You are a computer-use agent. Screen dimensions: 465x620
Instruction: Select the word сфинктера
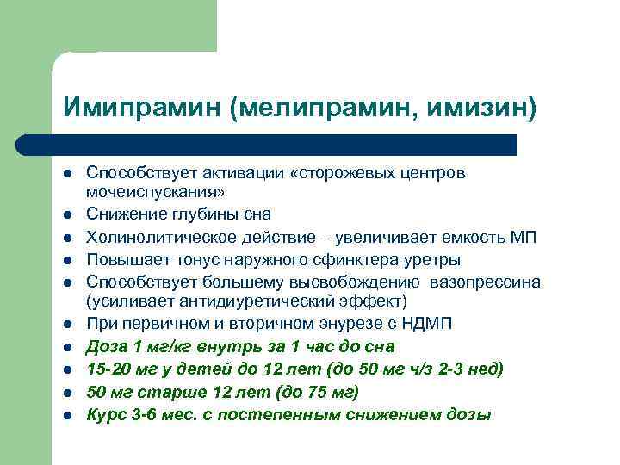pyautogui.click(x=354, y=259)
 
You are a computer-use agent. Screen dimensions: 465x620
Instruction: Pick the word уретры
pyautogui.click(x=432, y=259)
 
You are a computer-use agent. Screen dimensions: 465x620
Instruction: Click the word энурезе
pyautogui.click(x=349, y=323)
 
